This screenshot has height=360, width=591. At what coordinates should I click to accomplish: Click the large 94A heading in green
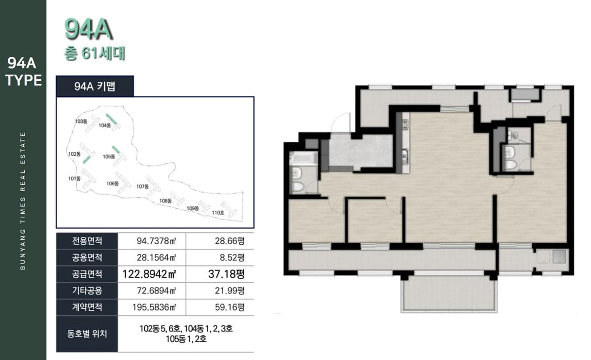point(89,29)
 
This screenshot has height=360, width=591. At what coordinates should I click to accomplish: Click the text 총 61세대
point(95,54)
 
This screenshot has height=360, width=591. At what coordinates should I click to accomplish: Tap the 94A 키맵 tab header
point(95,86)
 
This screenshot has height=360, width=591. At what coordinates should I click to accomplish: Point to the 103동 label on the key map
point(81,121)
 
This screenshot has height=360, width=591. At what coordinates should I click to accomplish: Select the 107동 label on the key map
point(142,187)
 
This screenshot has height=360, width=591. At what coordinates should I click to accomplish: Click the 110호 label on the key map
point(218,213)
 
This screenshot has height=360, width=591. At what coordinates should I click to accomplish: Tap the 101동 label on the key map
point(74,179)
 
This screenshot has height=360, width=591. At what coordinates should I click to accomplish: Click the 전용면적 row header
point(87,241)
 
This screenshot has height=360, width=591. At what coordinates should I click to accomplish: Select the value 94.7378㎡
point(157,241)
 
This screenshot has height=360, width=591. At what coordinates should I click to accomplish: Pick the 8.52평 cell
point(232,258)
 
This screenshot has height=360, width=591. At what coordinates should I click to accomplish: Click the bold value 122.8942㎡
point(149,274)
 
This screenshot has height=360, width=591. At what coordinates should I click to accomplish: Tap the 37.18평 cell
point(227,274)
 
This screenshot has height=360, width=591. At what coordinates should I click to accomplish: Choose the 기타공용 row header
point(87,291)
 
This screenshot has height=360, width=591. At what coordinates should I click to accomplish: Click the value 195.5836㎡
point(154,307)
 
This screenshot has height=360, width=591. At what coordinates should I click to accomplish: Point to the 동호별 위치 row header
point(87,334)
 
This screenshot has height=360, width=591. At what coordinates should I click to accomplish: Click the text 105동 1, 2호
point(186,339)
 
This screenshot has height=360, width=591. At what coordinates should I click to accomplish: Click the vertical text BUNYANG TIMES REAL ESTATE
point(23,201)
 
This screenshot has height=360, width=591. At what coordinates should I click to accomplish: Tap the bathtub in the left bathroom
point(303,158)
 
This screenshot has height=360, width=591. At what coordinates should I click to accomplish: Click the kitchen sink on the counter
point(405,157)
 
